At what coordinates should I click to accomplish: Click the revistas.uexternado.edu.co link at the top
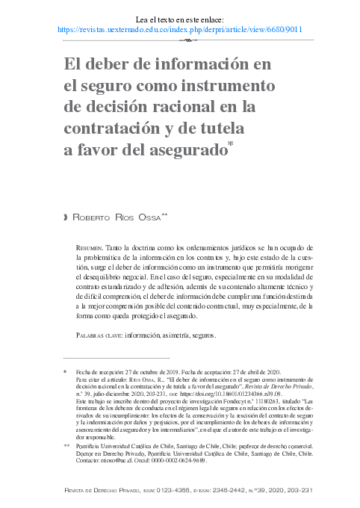179,30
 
